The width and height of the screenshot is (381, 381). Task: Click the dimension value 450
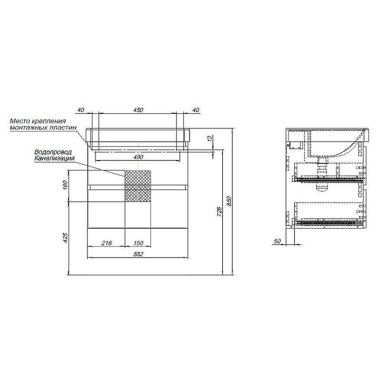[x=138, y=110]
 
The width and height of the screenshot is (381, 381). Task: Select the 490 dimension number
[x=138, y=157]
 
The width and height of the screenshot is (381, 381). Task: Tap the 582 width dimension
[x=138, y=254]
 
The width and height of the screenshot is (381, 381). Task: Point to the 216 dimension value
[x=106, y=243]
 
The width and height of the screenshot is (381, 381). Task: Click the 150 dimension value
[x=138, y=243]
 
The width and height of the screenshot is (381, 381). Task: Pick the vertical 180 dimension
[x=65, y=186]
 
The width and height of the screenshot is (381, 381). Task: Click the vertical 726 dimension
[x=219, y=211]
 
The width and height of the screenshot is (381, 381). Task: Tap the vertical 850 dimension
[x=229, y=201]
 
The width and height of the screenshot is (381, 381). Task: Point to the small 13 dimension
[x=210, y=138]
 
